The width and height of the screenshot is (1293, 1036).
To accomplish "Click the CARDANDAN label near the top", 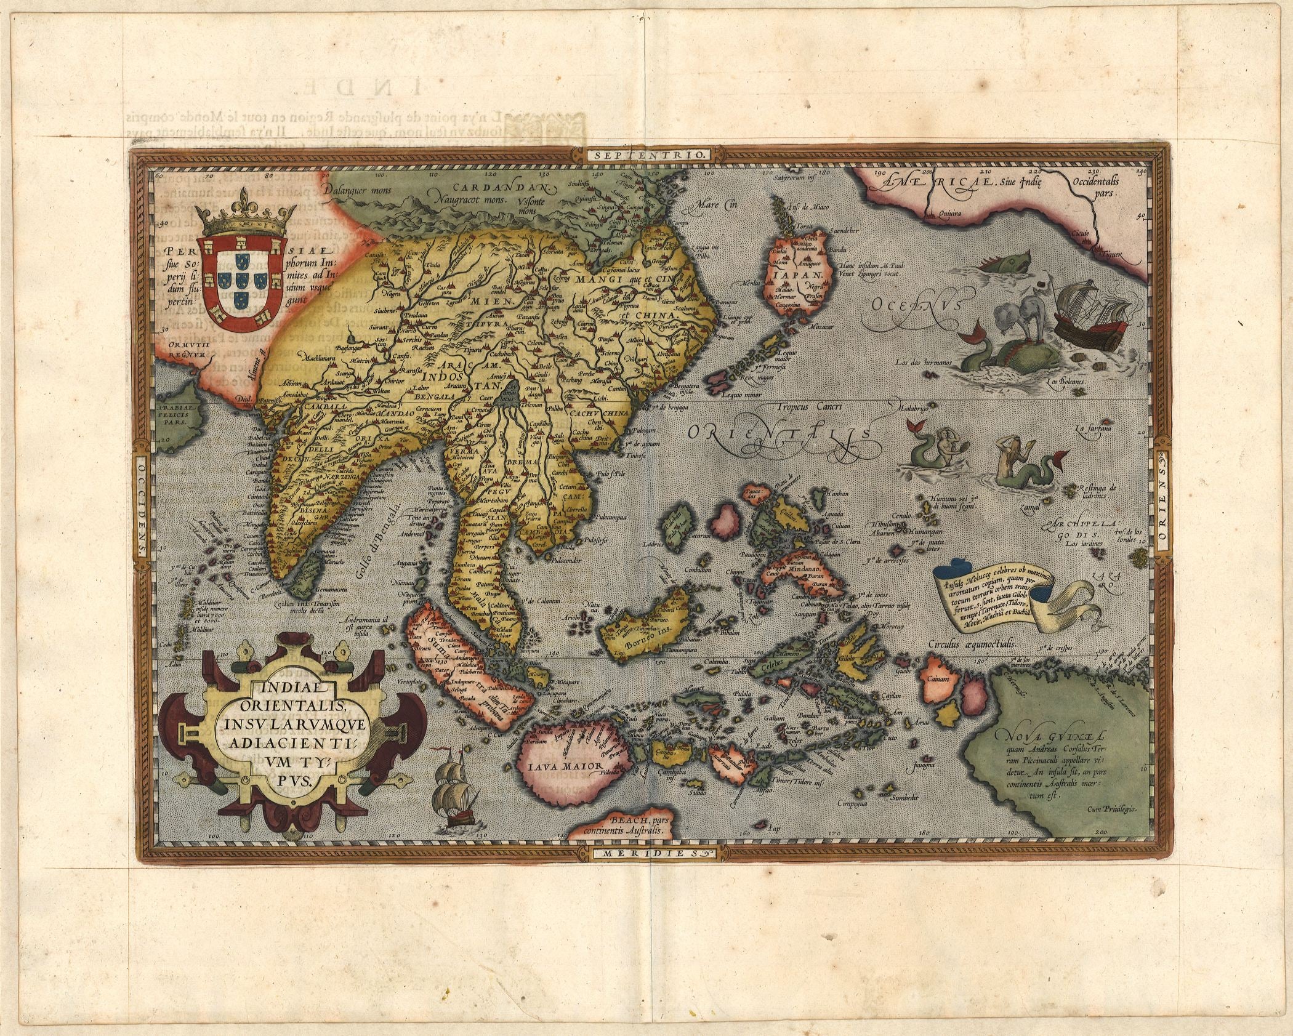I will [502, 187].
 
